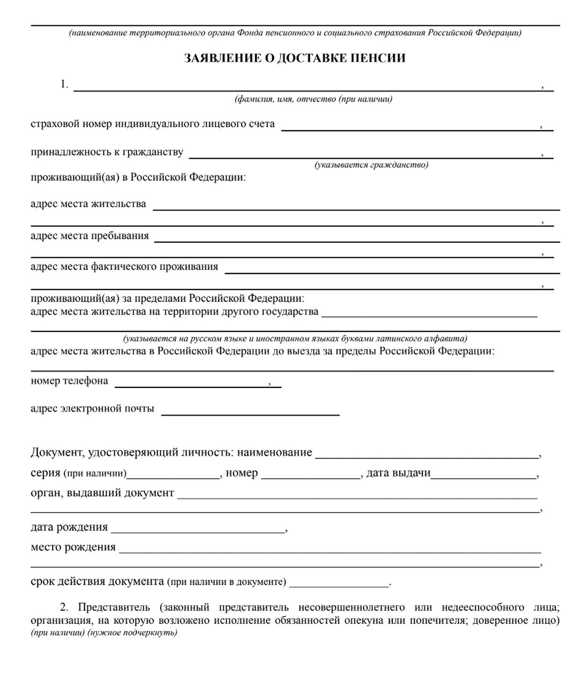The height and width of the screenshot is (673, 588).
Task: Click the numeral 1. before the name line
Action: point(64,84)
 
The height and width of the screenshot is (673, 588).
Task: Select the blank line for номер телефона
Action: point(191,384)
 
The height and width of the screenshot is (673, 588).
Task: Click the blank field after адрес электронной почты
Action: point(250,412)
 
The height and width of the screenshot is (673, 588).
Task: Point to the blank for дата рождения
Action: point(198,530)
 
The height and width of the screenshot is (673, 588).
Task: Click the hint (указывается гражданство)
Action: point(371,165)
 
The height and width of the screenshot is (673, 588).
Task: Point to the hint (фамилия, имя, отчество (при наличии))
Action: point(313,99)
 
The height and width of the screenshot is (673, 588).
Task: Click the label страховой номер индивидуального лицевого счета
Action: point(153,124)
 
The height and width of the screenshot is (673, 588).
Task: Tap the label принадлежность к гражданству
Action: point(107,152)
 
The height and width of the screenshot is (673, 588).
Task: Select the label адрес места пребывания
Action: point(90,236)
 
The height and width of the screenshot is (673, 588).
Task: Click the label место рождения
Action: point(73,547)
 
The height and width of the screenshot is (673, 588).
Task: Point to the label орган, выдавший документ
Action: point(102,493)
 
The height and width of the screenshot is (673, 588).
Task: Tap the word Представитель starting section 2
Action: point(114,607)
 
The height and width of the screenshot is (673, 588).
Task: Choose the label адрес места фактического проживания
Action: point(124,266)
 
